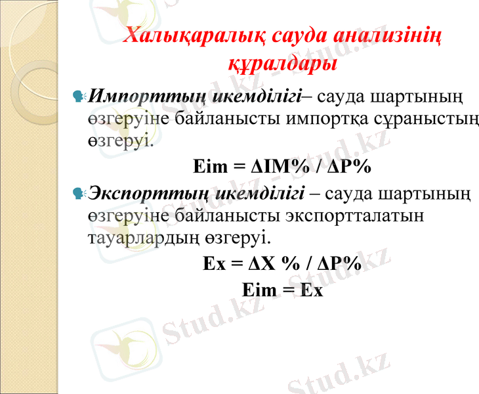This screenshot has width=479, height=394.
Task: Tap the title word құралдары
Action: [281, 63]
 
